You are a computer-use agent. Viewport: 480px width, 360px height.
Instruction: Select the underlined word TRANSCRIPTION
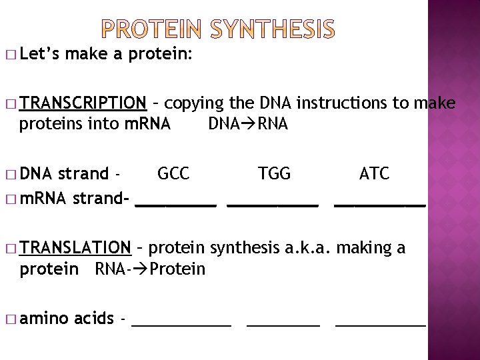(x=83, y=103)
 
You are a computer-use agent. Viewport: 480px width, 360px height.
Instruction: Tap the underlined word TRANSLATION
(x=75, y=248)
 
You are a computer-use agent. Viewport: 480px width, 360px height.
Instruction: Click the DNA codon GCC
(x=173, y=174)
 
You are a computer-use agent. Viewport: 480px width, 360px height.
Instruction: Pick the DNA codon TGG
(x=275, y=174)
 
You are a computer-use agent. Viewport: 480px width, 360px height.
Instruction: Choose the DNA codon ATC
(x=374, y=174)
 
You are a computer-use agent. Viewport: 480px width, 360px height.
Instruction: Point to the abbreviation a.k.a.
(x=308, y=248)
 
